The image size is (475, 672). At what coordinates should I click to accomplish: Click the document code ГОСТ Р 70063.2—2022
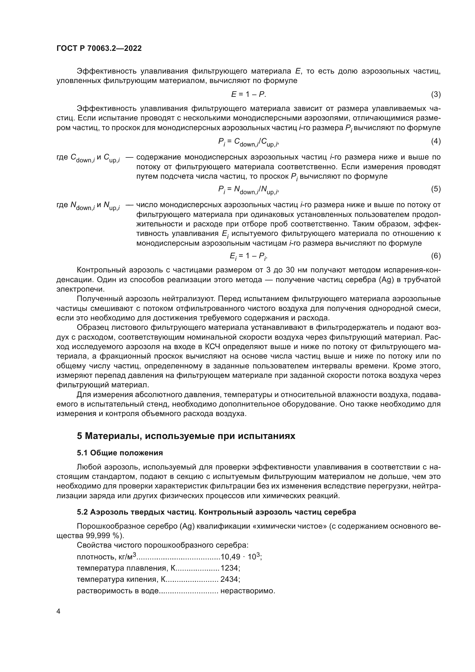(99, 49)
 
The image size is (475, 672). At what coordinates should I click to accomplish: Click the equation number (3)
(436, 94)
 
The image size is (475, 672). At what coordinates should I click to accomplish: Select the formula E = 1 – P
(248, 94)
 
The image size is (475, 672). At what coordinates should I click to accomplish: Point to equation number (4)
(436, 141)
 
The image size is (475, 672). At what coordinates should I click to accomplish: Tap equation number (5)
(436, 189)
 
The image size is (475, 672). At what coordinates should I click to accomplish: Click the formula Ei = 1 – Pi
(248, 256)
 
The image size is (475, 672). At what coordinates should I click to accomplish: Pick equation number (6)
(436, 256)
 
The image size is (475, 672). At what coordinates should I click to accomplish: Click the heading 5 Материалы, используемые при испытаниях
(186, 436)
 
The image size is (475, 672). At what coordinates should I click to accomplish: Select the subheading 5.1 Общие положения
(120, 453)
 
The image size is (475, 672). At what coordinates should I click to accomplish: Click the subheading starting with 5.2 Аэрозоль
(217, 512)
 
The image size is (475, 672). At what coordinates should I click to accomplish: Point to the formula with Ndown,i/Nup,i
(248, 190)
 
